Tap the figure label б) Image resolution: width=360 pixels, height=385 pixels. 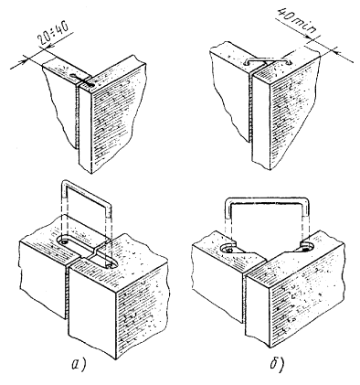277,364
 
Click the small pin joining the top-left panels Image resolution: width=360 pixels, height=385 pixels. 82,80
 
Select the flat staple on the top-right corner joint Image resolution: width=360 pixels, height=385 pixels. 268,60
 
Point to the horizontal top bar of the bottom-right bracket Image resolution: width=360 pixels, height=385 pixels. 267,200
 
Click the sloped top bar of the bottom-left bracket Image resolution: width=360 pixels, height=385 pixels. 87,192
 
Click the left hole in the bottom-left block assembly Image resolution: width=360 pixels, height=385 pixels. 64,241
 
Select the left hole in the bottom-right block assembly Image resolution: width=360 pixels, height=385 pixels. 229,250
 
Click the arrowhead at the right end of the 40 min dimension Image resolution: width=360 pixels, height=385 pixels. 336,51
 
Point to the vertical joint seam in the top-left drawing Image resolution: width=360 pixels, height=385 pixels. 77,117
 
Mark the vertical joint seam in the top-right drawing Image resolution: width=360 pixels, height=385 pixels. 250,108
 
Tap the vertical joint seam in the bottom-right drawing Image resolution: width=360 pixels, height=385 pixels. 243,300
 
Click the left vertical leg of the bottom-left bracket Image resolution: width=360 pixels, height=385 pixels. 64,212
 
